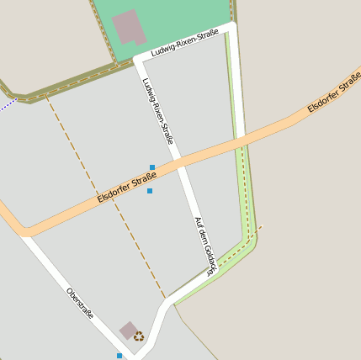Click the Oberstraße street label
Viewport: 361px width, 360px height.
(80, 304)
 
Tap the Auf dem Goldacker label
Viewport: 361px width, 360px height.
(205, 246)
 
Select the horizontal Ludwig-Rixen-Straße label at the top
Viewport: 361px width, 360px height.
(185, 43)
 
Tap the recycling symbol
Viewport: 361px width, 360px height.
(139, 336)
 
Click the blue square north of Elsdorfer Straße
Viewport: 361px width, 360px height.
(152, 167)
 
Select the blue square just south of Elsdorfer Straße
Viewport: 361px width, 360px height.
(150, 191)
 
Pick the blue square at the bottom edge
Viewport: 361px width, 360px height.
(119, 356)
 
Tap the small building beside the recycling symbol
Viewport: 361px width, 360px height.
(129, 330)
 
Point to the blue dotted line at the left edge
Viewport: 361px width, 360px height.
(8, 104)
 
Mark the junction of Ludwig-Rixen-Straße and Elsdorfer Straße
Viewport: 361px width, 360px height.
(178, 167)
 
